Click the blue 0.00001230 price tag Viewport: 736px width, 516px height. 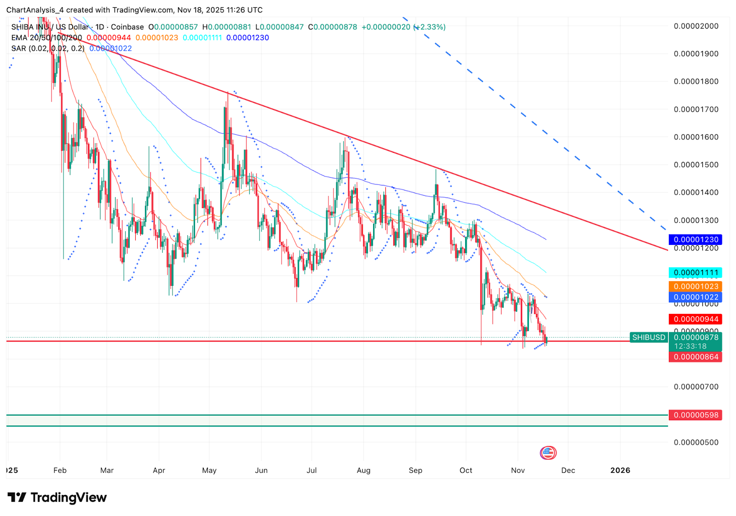[696, 239]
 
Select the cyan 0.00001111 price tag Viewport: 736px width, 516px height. [696, 272]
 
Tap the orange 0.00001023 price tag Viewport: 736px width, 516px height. [696, 286]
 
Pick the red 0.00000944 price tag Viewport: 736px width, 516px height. [696, 319]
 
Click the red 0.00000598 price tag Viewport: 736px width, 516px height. [696, 415]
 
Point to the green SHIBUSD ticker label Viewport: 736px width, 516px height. [649, 337]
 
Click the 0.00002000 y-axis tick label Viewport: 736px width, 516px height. [696, 26]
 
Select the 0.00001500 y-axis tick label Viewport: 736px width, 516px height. [696, 165]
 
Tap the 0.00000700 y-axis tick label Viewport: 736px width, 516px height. [696, 387]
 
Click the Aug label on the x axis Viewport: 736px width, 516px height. [363, 470]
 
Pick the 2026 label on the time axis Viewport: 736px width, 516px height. [620, 470]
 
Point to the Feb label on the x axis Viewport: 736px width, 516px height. [60, 470]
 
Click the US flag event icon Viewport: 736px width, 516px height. [548, 453]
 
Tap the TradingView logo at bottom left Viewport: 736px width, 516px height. [57, 498]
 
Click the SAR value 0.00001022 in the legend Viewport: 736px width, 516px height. [110, 48]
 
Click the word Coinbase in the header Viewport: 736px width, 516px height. [127, 27]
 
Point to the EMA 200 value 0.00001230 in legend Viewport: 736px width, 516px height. [247, 38]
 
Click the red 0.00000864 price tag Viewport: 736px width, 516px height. [696, 357]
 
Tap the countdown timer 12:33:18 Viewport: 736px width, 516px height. [690, 346]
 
